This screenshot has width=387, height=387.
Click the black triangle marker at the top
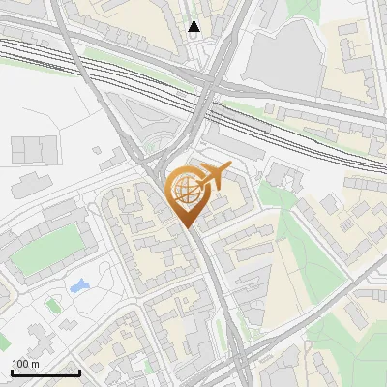tap(194, 26)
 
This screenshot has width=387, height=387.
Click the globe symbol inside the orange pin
tap(184, 191)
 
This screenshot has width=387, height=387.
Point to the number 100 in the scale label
tap(20, 364)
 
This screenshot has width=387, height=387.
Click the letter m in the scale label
tap(36, 364)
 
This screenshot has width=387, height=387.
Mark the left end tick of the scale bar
tap(11, 372)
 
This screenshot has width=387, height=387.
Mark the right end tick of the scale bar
tap(79, 372)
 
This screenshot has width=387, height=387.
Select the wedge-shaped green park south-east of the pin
tap(290, 242)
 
